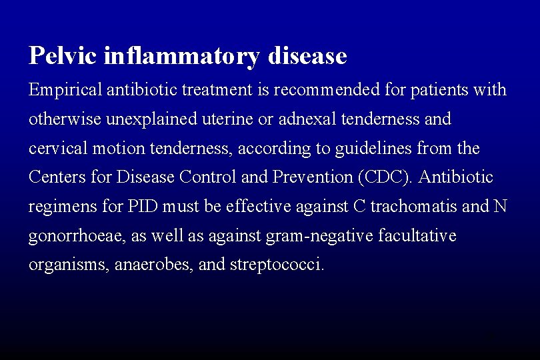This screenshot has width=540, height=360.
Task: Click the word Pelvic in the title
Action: point(63,56)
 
